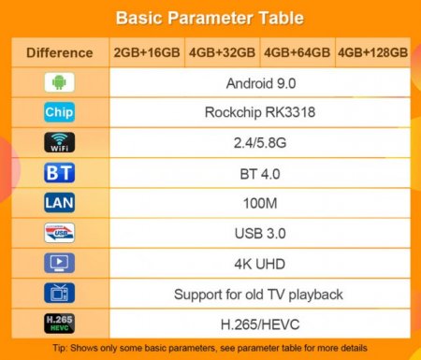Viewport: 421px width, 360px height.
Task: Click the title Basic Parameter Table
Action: coord(210,18)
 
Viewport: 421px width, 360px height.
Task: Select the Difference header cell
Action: coord(59,52)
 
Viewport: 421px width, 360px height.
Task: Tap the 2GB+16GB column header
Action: coord(147,52)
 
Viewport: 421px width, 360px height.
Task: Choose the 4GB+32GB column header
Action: coord(223,52)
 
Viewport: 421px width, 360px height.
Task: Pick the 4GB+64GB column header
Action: coord(297,52)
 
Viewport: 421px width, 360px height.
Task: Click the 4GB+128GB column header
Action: coord(372,52)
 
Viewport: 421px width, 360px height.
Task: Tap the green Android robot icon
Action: coord(59,82)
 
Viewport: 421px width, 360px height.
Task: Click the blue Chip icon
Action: coord(59,113)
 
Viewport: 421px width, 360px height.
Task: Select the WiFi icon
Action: coord(59,143)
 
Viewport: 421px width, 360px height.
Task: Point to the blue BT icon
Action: coord(59,173)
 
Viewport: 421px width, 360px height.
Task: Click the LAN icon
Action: coord(59,203)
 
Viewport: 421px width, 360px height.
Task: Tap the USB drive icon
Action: coord(59,233)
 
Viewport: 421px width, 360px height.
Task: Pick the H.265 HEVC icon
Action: coord(59,324)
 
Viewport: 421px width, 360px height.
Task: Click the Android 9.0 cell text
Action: coord(258,82)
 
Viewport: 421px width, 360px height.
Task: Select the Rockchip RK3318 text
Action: coord(258,113)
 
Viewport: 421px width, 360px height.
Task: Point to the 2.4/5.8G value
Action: coord(258,143)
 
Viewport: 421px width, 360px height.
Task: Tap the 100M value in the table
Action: coord(258,203)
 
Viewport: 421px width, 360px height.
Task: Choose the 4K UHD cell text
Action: coord(258,264)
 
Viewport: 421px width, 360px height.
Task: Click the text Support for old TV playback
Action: coord(258,294)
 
